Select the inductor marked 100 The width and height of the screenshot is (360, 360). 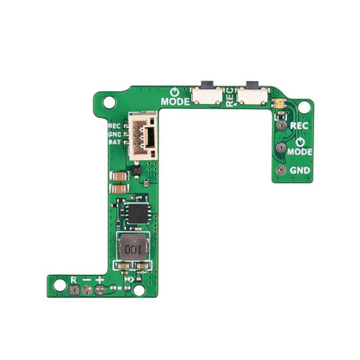(132, 249)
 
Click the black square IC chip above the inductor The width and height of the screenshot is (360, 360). (136, 212)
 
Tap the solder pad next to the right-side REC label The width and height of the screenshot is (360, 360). (280, 125)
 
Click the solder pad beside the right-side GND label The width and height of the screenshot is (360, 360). (280, 170)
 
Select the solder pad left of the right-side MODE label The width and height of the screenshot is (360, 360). (280, 148)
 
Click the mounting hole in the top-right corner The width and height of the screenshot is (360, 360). (305, 106)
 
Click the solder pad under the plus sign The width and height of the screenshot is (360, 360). (100, 291)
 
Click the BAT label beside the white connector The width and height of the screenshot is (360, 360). (114, 143)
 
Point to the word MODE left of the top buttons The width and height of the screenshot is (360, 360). (174, 103)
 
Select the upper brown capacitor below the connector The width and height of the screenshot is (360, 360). (118, 176)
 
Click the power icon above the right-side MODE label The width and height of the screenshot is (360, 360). (299, 142)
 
